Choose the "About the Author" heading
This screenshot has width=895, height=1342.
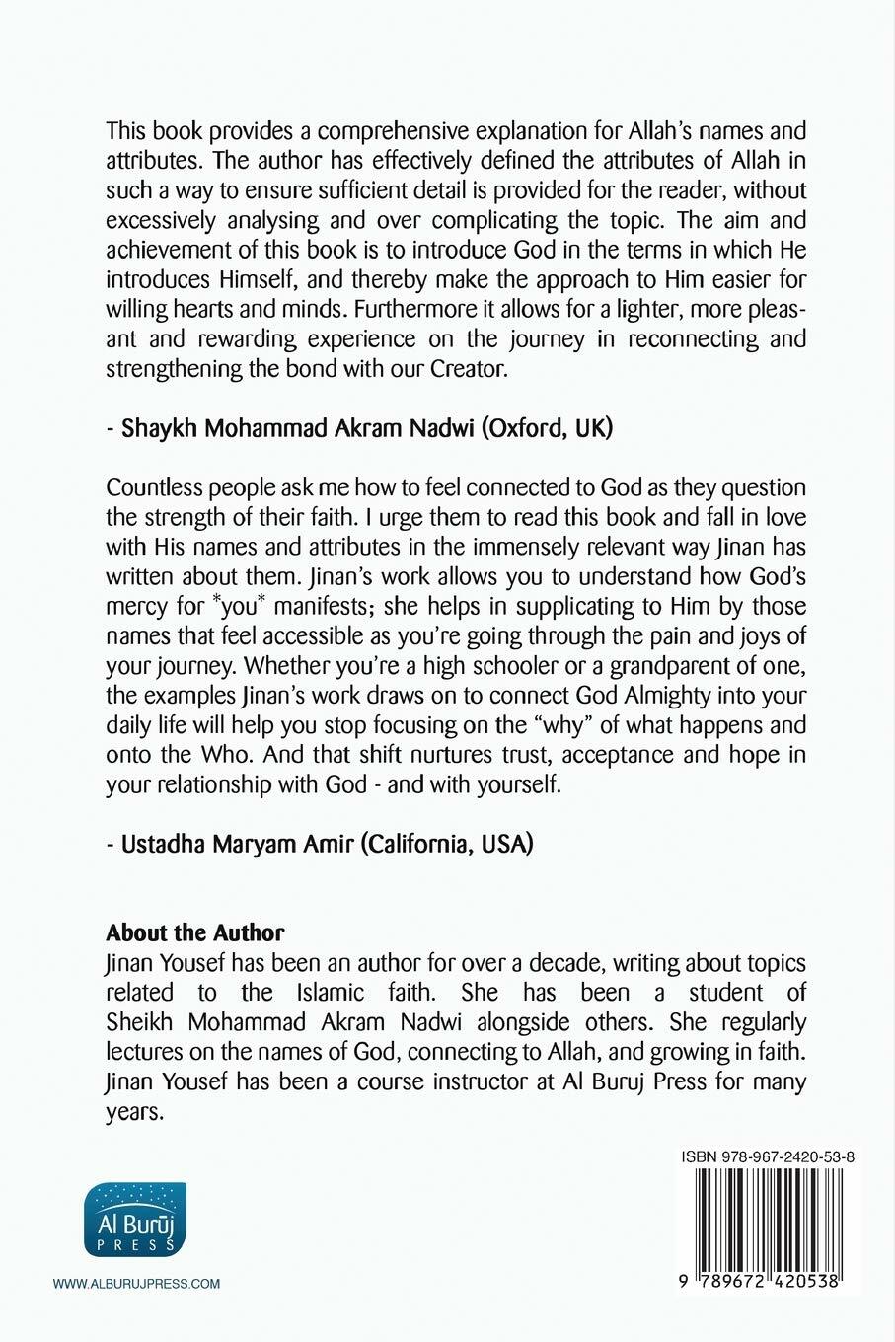coord(195,932)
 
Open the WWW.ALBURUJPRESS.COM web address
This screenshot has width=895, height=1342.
coord(136,1284)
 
